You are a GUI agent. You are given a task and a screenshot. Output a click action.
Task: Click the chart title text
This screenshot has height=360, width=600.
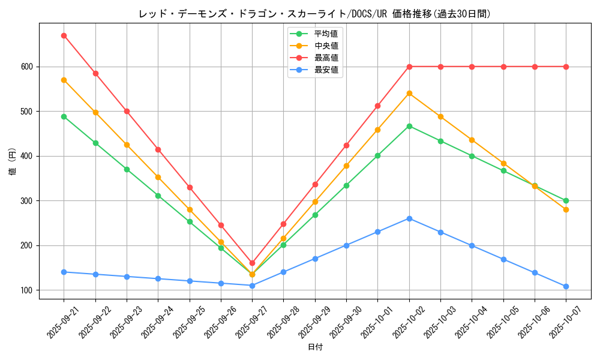click(x=314, y=14)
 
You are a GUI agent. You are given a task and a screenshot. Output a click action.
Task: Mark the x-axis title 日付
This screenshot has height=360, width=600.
click(x=315, y=347)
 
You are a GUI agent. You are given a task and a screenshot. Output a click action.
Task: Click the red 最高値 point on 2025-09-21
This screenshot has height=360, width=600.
click(x=64, y=35)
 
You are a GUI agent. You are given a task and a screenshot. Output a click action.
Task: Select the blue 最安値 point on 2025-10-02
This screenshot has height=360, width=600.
click(x=409, y=218)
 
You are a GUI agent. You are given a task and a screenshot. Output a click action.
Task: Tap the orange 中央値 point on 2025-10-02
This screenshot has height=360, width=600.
click(x=409, y=93)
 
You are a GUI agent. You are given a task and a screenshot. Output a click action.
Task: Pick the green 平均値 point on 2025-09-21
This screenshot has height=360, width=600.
click(x=64, y=116)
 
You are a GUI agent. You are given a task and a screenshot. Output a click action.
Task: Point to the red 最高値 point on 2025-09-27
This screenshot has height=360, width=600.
click(x=252, y=263)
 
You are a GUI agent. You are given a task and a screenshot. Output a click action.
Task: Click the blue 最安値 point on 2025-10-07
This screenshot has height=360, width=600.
click(x=566, y=286)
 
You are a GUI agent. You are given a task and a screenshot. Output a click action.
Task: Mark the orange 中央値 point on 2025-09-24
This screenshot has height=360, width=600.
click(x=158, y=177)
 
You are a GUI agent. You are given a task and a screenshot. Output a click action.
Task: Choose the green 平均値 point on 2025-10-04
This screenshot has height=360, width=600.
click(x=472, y=156)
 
